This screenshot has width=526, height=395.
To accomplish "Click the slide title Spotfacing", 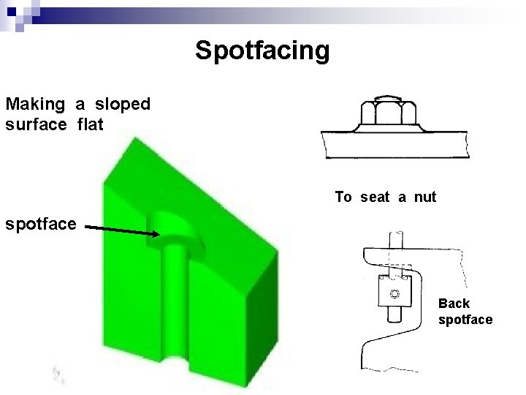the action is pos(262,50).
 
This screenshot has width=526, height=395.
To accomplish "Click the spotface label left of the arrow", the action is pos(40,223).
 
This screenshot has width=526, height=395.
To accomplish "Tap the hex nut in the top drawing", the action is pos(388,113).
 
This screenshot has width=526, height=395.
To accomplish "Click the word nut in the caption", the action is pos(425,197).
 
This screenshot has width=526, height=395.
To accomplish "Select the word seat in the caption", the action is pos(375,197).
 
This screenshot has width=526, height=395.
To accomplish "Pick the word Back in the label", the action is pos(454,304).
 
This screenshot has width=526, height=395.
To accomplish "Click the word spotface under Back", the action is pos(465,320).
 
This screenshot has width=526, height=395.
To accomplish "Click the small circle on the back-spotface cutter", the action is pos(394,295).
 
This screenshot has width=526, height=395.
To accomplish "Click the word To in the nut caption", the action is pos(343,197).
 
